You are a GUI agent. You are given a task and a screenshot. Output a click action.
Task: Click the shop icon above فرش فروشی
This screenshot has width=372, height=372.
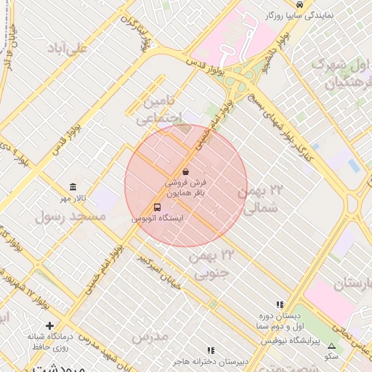186,172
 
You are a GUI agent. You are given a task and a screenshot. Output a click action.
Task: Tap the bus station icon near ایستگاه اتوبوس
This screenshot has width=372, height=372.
158,206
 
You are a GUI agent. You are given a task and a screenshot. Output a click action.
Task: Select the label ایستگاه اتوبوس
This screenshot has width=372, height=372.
158,218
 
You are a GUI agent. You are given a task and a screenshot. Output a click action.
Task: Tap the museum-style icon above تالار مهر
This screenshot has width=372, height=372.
73,187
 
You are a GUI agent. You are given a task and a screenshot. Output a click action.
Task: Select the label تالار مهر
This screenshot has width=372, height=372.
73,198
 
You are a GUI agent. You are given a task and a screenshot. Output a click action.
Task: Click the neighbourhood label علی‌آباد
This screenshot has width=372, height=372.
67,48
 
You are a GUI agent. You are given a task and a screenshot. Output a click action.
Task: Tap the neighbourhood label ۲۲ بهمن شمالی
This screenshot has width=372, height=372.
260,198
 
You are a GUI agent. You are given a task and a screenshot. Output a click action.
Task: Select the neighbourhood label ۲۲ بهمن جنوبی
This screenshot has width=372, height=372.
212,263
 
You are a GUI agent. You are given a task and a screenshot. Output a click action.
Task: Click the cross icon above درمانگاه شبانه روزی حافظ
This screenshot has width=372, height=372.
49,325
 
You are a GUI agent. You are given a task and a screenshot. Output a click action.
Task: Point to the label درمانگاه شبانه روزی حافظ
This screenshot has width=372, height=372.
49,341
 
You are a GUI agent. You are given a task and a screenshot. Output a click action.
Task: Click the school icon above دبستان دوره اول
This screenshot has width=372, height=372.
280,305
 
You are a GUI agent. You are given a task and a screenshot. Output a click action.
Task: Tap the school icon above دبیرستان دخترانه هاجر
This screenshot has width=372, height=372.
211,350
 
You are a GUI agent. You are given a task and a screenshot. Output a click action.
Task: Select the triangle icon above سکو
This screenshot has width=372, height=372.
332,346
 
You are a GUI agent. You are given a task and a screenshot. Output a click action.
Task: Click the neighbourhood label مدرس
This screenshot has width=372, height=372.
150,335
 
